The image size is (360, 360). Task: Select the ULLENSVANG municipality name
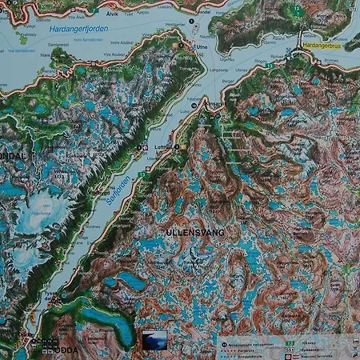tap(196, 232)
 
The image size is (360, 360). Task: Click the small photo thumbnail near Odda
tap(154, 340)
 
